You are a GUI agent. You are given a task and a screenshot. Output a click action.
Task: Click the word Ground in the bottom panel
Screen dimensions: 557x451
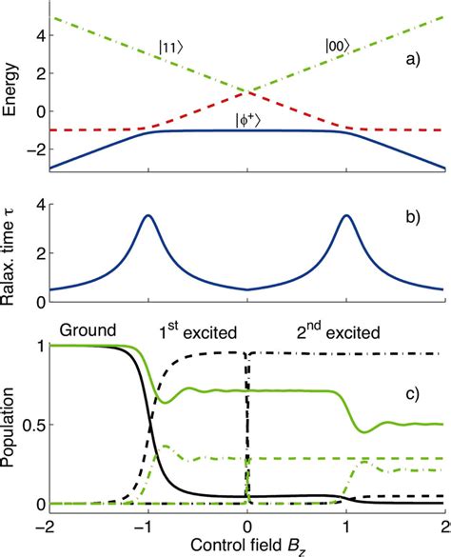[x=88, y=330]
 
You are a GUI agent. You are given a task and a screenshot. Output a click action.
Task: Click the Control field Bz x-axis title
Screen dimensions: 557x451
[x=246, y=547]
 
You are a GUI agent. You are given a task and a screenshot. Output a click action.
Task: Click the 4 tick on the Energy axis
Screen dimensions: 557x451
[x=36, y=37]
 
